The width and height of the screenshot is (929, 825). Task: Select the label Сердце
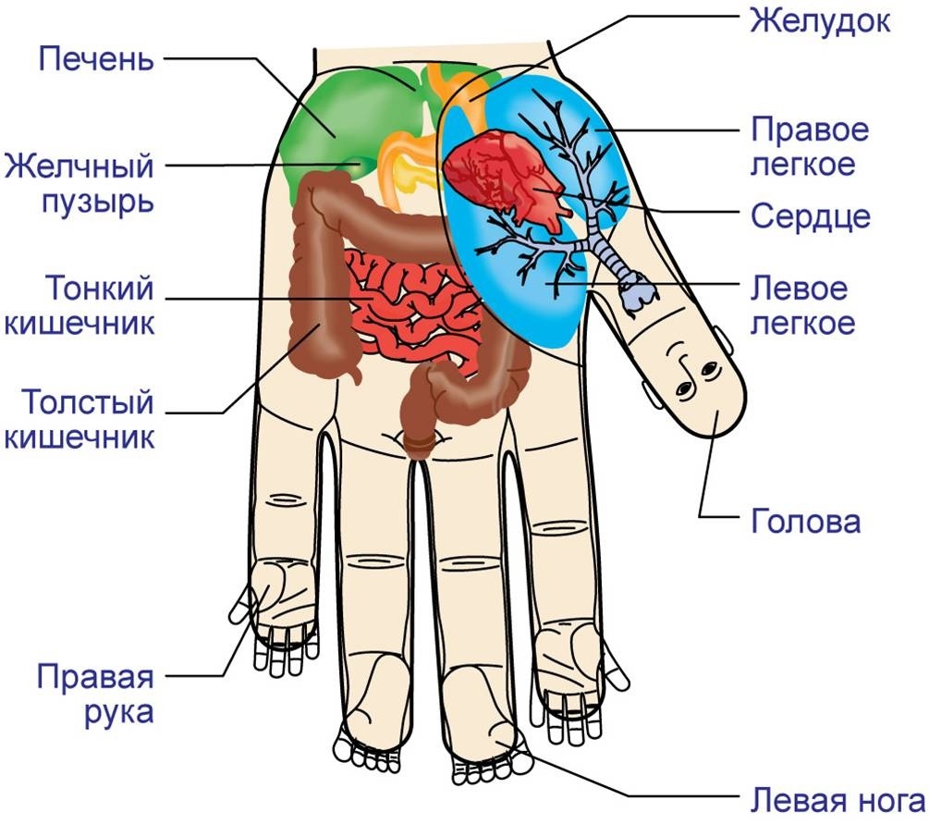click(x=810, y=216)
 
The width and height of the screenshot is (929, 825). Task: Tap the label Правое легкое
click(x=810, y=145)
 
